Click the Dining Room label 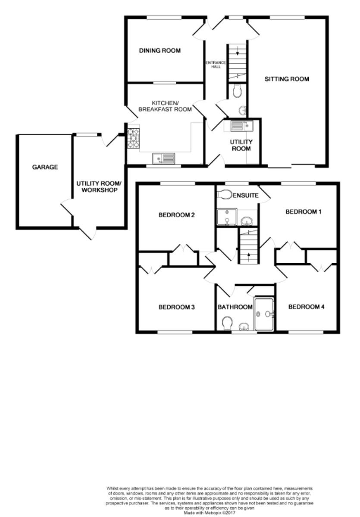coord(160,51)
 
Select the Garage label coord(45,167)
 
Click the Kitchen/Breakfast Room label coord(165,106)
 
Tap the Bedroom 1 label coord(304,212)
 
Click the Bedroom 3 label coord(177,307)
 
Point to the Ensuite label coord(246,196)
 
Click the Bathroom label coord(235,307)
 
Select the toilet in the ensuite coord(224,194)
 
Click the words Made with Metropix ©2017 coord(210,513)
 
